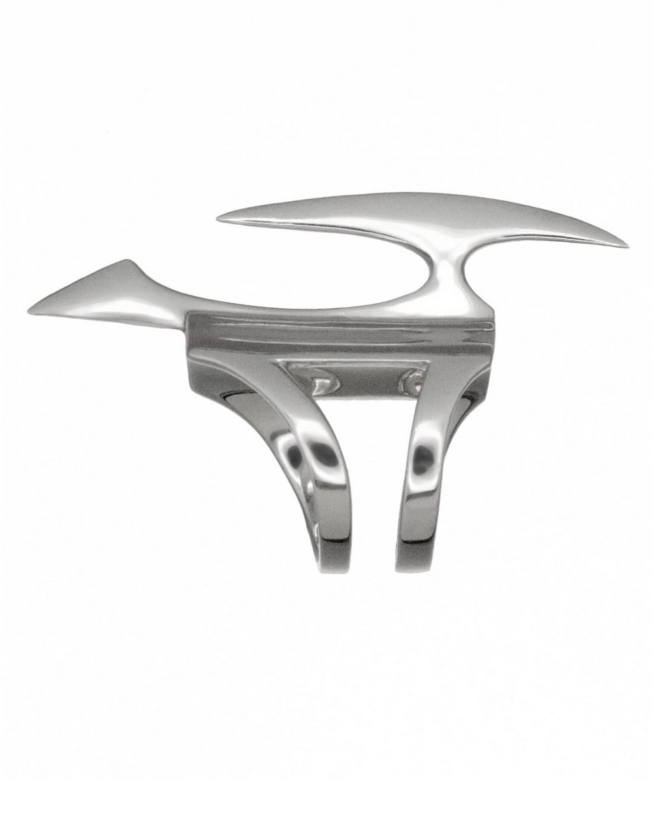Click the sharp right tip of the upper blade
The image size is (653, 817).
click(627, 246)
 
